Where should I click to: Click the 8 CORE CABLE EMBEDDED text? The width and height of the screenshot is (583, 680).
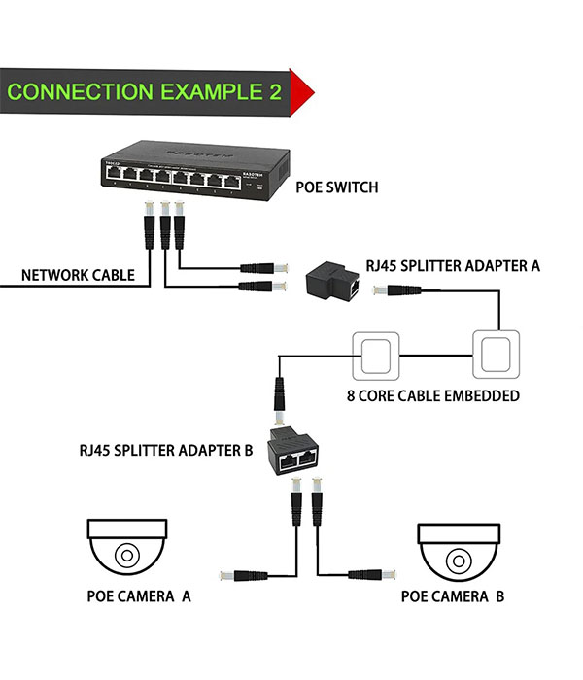pyautogui.click(x=432, y=395)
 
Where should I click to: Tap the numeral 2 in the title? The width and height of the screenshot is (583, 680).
pyautogui.click(x=275, y=93)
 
